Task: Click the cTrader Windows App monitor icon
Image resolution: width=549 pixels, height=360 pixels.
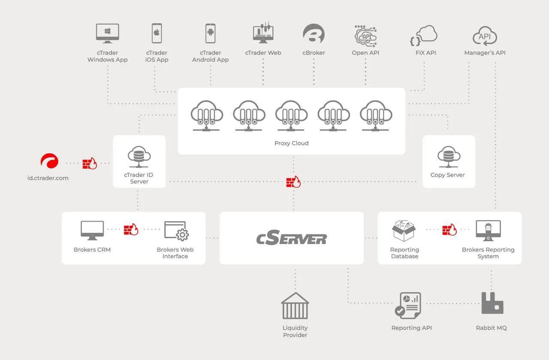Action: click(x=107, y=33)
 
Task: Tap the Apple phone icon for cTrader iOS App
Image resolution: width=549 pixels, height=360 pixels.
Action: click(x=157, y=33)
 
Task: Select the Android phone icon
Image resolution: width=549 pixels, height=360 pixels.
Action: click(x=210, y=33)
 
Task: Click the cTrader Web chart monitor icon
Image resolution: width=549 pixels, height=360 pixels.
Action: click(x=263, y=33)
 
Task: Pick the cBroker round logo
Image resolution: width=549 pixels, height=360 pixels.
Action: click(x=314, y=33)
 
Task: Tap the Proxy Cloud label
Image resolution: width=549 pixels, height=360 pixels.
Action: click(x=291, y=143)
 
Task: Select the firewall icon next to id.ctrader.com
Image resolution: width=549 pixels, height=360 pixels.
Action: click(x=90, y=163)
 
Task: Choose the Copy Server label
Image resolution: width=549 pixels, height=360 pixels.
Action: click(x=447, y=175)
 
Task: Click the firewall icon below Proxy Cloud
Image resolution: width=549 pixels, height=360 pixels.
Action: click(x=293, y=182)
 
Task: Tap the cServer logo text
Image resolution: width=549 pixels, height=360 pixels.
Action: click(x=291, y=238)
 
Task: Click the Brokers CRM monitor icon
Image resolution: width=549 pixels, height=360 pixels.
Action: click(x=92, y=231)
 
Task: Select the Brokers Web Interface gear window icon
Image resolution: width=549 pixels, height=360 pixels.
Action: click(x=176, y=231)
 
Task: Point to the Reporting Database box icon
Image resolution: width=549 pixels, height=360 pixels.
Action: click(x=404, y=231)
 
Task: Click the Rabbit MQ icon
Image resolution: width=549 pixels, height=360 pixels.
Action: click(x=492, y=303)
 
